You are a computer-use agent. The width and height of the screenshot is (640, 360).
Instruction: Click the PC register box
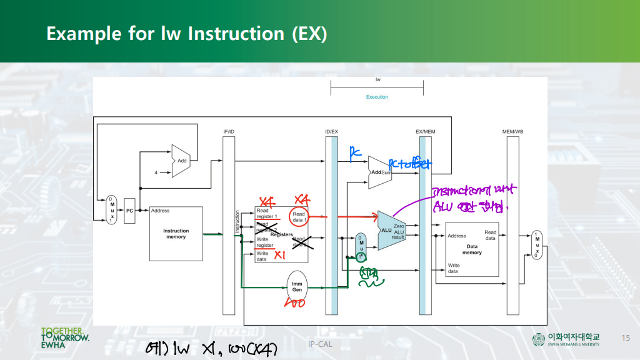[x=130, y=211]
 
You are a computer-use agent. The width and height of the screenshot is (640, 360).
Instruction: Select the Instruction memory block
[x=176, y=234]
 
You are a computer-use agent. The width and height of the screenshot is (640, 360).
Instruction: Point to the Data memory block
[x=472, y=249]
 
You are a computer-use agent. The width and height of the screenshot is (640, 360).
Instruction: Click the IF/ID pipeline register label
[x=229, y=132]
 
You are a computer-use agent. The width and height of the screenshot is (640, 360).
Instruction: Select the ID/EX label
[x=331, y=132]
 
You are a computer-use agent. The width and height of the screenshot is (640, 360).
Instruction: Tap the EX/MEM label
[x=425, y=132]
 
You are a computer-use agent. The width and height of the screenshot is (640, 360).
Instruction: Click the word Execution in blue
[x=377, y=97]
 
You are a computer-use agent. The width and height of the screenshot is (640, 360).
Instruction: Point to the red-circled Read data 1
[x=299, y=216]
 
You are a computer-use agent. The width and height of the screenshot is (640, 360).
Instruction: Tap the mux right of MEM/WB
[x=537, y=245]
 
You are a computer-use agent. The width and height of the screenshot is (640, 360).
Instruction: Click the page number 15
[x=625, y=338]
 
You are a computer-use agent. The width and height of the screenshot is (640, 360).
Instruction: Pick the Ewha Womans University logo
[x=566, y=339]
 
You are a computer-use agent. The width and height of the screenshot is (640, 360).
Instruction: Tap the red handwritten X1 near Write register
[x=280, y=255]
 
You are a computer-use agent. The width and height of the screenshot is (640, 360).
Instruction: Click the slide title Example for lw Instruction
[x=186, y=33]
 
